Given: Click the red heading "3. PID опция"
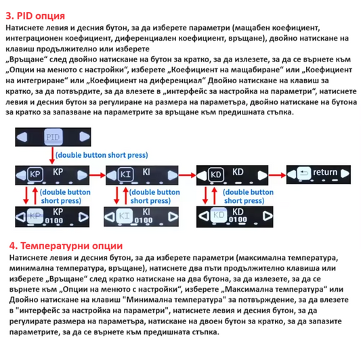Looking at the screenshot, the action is point(35,16).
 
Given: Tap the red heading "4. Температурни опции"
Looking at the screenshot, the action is point(66,246).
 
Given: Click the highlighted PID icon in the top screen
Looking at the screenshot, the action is point(54,137).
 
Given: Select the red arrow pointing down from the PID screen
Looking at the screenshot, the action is point(52,156).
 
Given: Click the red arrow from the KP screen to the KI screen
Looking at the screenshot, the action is point(98,175).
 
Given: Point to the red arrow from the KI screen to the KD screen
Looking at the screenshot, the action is point(187,175).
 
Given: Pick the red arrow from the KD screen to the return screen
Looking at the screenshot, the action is point(277,175).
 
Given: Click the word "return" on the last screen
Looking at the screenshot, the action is point(325,172).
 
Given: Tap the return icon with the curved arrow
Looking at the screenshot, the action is point(304,173).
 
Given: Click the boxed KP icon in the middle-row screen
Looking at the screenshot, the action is point(35,175).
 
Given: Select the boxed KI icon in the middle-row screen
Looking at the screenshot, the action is point(126,175).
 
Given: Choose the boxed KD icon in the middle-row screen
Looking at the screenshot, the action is point(216,175).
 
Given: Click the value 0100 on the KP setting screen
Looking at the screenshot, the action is point(54,221).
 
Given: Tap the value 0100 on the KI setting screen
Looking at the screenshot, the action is point(143,221).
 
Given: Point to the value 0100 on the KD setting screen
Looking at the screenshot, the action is point(238,220).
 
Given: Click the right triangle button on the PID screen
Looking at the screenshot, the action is point(84,137).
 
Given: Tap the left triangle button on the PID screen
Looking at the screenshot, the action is point(22,137).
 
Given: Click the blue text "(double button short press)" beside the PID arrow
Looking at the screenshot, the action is point(102,155).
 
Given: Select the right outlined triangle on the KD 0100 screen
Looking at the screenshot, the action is point(268,216).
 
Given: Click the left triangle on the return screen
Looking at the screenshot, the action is point(292,174).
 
